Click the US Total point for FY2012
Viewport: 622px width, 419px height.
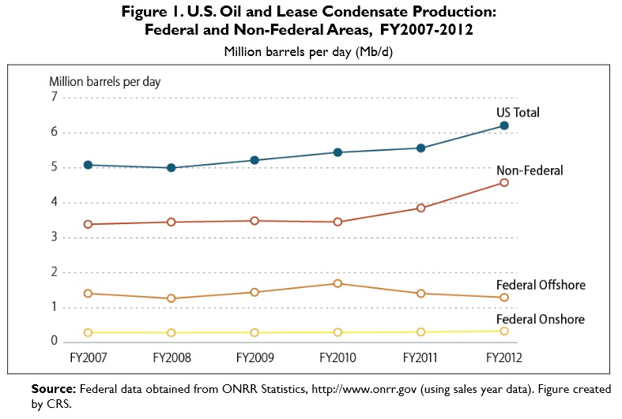point(504,125)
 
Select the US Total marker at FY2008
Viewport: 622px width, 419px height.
point(172,168)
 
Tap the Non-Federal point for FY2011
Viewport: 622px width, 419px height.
point(421,208)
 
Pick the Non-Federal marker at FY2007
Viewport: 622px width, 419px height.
point(88,224)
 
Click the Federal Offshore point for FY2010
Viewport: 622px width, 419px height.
point(337,283)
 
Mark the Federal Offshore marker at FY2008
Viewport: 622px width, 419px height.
point(172,298)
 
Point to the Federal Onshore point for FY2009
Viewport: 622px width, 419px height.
point(254,333)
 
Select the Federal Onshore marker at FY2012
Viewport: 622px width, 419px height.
point(504,331)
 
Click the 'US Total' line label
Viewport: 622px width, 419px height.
point(518,112)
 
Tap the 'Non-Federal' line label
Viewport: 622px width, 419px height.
point(529,170)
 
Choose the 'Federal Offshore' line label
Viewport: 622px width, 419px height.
point(541,285)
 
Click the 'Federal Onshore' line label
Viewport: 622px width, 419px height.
point(540,319)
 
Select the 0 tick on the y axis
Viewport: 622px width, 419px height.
point(55,342)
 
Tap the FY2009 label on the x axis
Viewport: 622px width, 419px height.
point(254,358)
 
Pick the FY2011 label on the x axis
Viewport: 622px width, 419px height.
point(421,358)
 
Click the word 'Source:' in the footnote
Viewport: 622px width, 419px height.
point(54,389)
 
